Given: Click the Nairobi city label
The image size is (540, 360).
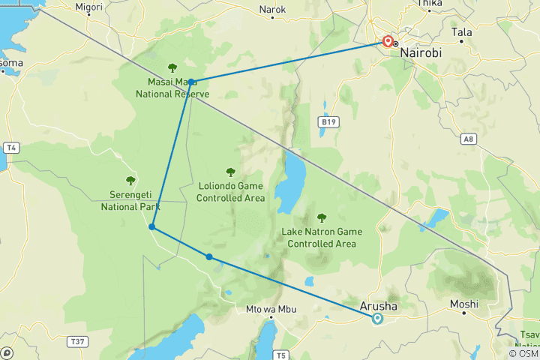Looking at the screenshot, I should pyautogui.click(x=421, y=54).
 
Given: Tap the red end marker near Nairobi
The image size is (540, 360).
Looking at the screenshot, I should pyautogui.click(x=388, y=42).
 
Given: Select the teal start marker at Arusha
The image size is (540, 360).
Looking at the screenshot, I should pyautogui.click(x=377, y=318).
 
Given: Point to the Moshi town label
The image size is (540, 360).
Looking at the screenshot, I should pyautogui.click(x=463, y=304).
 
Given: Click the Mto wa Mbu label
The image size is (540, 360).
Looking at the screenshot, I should pyautogui.click(x=268, y=309).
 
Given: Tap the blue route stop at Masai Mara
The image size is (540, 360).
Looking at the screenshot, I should pyautogui.click(x=192, y=82).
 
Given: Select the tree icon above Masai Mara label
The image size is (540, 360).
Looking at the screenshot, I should pyautogui.click(x=172, y=67).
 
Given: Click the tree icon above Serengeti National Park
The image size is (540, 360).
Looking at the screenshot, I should pyautogui.click(x=130, y=180).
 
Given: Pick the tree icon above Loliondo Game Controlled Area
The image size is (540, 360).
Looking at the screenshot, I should pyautogui.click(x=230, y=172).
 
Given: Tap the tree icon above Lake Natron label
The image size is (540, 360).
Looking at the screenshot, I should pyautogui.click(x=322, y=217).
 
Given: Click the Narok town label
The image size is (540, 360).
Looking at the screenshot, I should pyautogui.click(x=272, y=10).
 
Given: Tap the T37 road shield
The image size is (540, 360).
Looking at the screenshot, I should pyautogui.click(x=76, y=341).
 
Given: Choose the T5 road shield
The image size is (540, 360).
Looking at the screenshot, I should pyautogui.click(x=281, y=354).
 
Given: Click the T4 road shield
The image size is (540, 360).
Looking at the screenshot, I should pyautogui.click(x=10, y=148).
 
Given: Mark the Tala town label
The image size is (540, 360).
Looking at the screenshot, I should pyautogui.click(x=462, y=32).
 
